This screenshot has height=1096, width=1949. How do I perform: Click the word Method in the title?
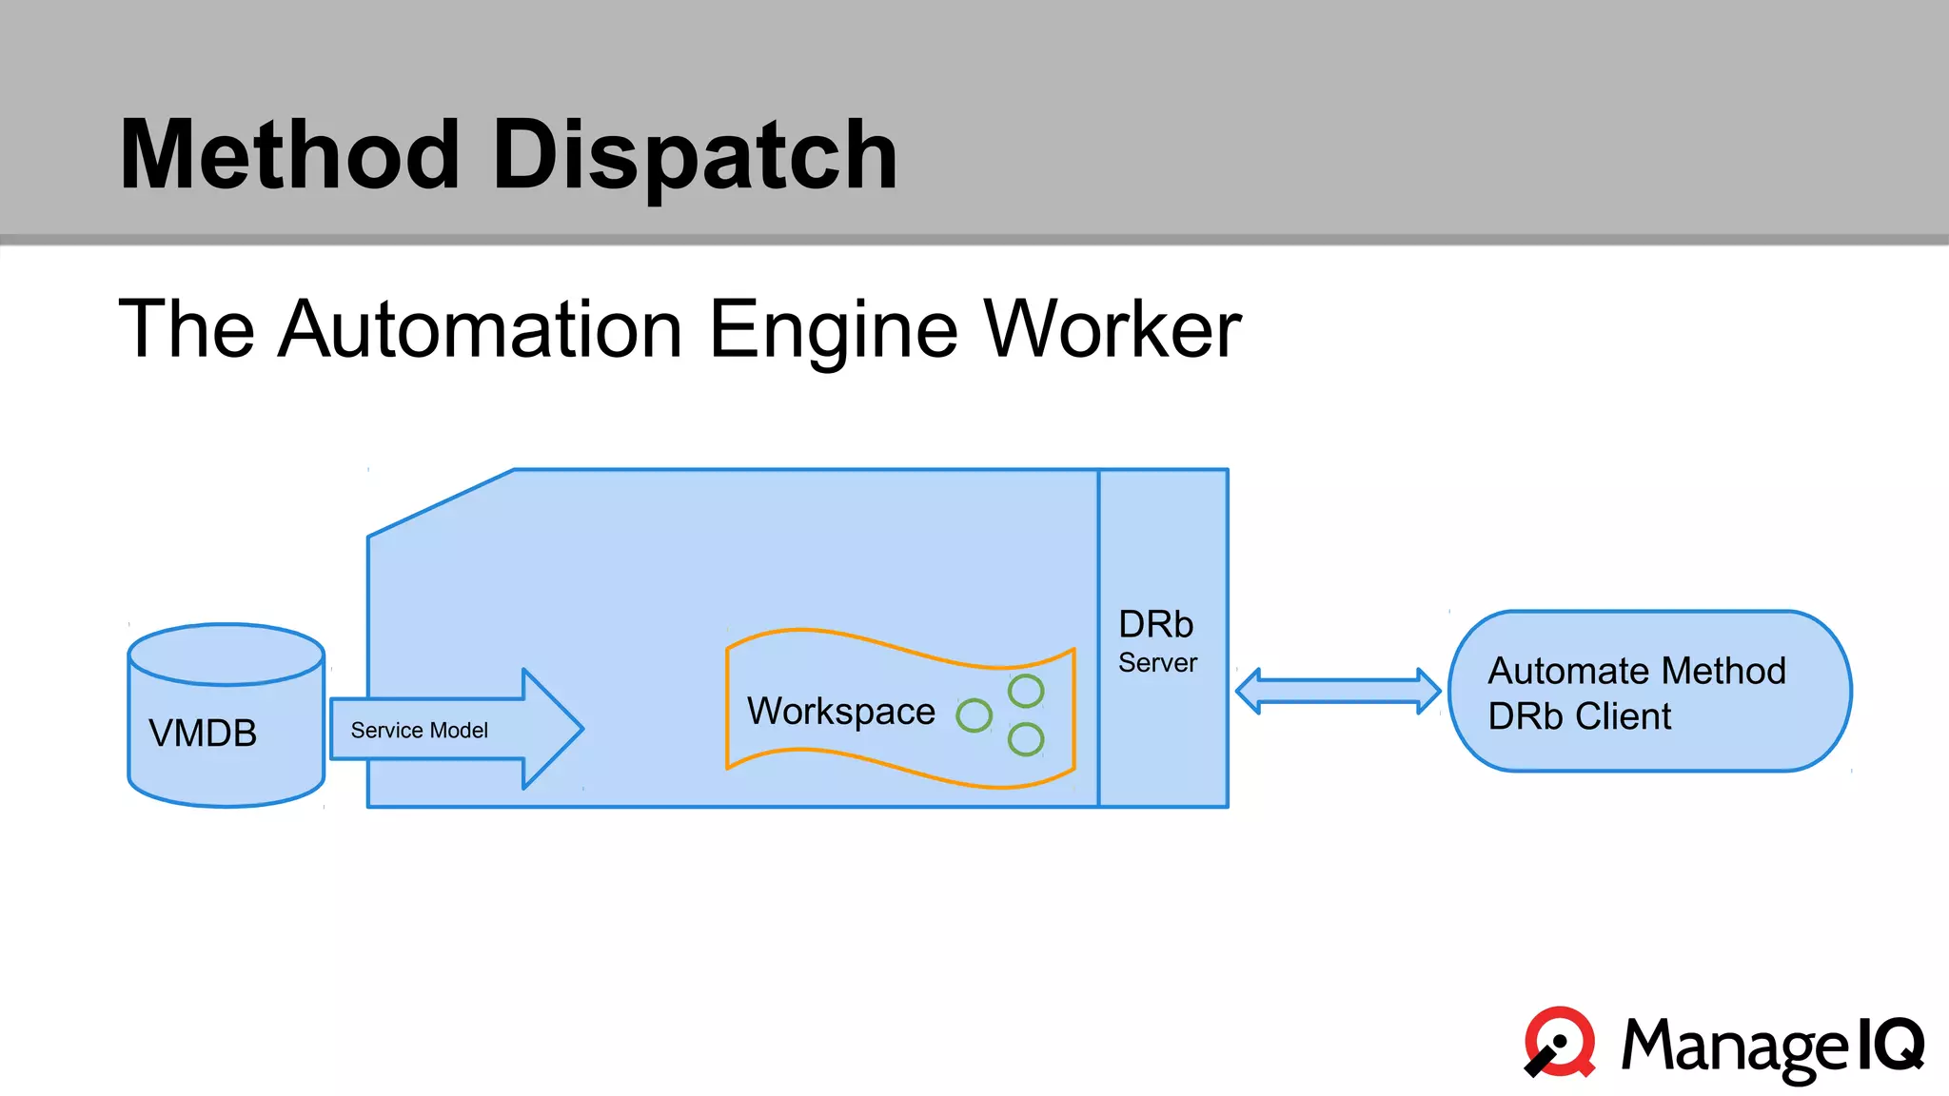(290, 155)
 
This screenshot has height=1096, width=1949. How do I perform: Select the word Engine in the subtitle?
(834, 331)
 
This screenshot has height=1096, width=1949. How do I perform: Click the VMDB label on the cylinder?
(203, 734)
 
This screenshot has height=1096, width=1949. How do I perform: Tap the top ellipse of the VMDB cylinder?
(226, 654)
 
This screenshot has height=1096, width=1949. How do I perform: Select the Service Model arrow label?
(419, 731)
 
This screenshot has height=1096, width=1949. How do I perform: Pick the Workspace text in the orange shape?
(841, 712)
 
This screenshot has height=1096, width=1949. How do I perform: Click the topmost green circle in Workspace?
(1026, 691)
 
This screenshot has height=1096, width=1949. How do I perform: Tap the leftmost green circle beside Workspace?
(974, 715)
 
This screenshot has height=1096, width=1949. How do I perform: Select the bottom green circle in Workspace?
(1026, 739)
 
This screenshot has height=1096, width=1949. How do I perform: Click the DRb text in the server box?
(1155, 625)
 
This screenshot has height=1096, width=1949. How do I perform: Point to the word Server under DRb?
(1157, 663)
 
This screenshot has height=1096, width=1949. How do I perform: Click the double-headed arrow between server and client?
(1338, 692)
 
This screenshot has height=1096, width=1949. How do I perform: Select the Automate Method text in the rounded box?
(1637, 672)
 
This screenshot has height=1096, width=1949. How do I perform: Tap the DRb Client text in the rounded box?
(1579, 716)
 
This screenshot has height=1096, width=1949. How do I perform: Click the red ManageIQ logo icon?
(1560, 1042)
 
